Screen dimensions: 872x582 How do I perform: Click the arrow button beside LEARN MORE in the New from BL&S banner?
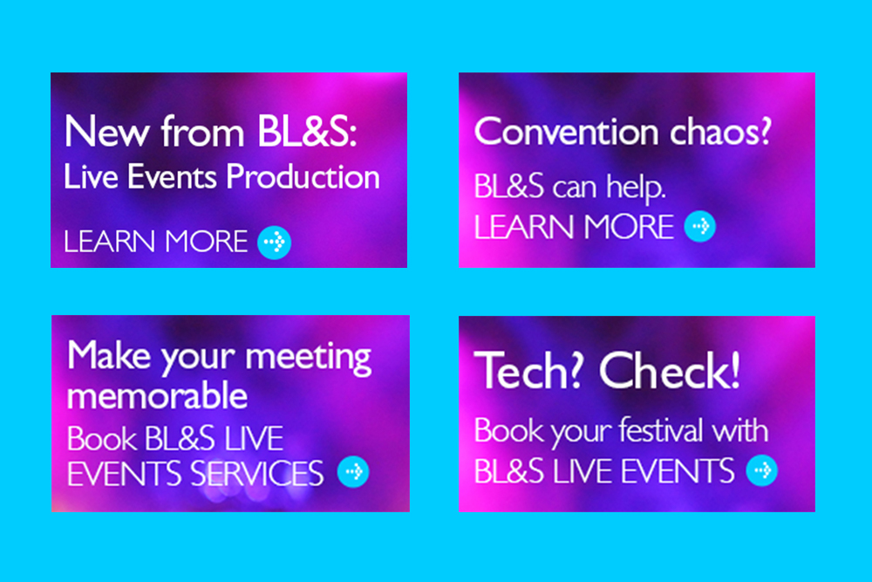(x=274, y=243)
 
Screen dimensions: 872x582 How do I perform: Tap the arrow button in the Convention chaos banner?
(x=699, y=227)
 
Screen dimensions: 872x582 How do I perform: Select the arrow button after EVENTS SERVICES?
(x=353, y=472)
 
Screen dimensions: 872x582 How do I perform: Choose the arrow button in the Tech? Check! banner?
(x=762, y=470)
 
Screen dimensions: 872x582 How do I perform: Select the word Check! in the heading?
(x=670, y=371)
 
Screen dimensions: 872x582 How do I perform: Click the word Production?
(x=303, y=177)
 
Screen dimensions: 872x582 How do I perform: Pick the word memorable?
(x=157, y=395)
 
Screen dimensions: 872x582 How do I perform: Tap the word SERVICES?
(x=257, y=474)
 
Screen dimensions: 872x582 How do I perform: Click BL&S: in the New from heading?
(x=306, y=132)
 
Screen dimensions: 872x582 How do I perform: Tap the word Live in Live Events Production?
(x=92, y=177)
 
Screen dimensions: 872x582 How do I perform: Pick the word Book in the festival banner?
(x=508, y=430)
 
